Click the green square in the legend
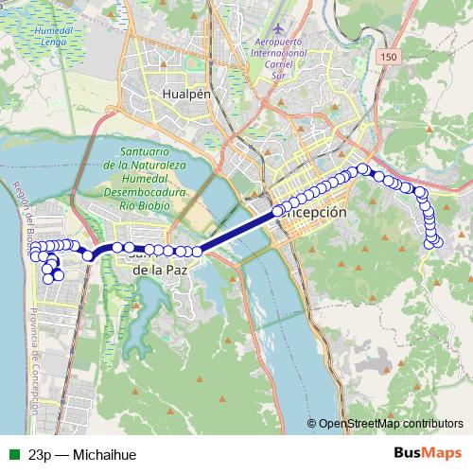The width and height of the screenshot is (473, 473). click(x=13, y=454)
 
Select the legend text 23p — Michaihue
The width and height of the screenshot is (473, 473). click(x=82, y=454)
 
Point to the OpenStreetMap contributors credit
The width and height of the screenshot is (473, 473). click(x=390, y=424)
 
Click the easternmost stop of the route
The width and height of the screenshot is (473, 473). click(x=437, y=243)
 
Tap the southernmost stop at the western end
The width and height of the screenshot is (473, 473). click(x=48, y=279)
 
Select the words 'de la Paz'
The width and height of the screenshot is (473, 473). click(x=158, y=270)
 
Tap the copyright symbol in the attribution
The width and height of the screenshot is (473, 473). click(x=311, y=424)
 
